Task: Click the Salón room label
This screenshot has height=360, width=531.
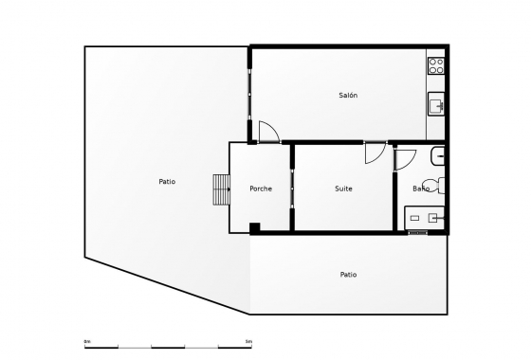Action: tap(348, 95)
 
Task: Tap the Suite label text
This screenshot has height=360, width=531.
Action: tap(343, 189)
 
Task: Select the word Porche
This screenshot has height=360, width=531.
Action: tap(261, 189)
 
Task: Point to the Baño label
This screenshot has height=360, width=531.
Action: tap(421, 189)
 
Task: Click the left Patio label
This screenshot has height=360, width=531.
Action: tap(167, 181)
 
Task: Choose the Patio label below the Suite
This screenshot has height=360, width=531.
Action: tap(348, 275)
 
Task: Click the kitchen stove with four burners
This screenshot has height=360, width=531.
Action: tap(436, 66)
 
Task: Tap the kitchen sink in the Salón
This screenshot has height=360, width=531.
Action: tap(436, 103)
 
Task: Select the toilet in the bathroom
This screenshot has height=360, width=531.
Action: tap(434, 186)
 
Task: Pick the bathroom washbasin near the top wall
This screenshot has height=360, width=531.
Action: tap(438, 154)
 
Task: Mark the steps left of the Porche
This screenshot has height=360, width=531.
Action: tap(222, 189)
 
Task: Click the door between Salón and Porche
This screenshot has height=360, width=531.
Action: tap(267, 133)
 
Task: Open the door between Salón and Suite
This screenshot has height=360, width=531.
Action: tap(375, 152)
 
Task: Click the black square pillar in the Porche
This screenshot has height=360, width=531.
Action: tap(254, 226)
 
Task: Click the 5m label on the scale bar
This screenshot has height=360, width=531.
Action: tap(248, 340)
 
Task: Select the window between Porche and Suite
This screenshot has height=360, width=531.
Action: tap(292, 189)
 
